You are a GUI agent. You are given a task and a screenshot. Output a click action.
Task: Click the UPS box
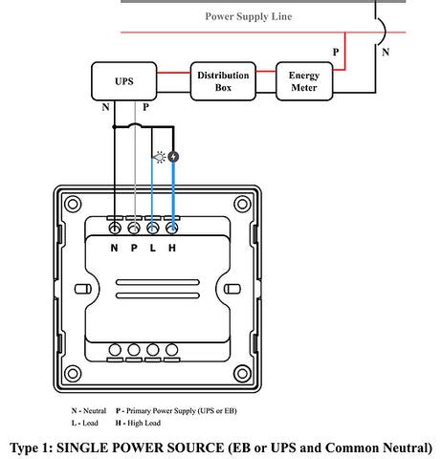coord(123,82)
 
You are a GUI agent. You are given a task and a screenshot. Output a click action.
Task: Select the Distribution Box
coord(223,82)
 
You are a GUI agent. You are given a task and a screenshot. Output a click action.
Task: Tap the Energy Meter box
coord(304,82)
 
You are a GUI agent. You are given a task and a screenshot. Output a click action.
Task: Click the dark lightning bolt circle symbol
coord(174,157)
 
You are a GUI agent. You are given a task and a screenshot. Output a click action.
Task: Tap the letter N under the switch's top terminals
coord(114,248)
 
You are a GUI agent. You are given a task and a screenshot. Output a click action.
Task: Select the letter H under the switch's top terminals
coord(172,248)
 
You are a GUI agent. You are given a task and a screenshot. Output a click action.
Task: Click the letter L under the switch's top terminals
coord(153,248)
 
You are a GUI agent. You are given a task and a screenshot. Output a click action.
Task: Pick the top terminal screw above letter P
coord(134,229)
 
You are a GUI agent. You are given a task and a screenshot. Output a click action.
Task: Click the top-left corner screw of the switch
coord(70,204)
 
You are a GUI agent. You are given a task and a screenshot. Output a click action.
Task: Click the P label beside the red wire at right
coord(334,51)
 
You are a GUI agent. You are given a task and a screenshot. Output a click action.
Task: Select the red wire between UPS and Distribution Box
coord(173,74)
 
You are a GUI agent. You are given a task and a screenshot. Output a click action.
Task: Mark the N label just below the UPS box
coord(105,107)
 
